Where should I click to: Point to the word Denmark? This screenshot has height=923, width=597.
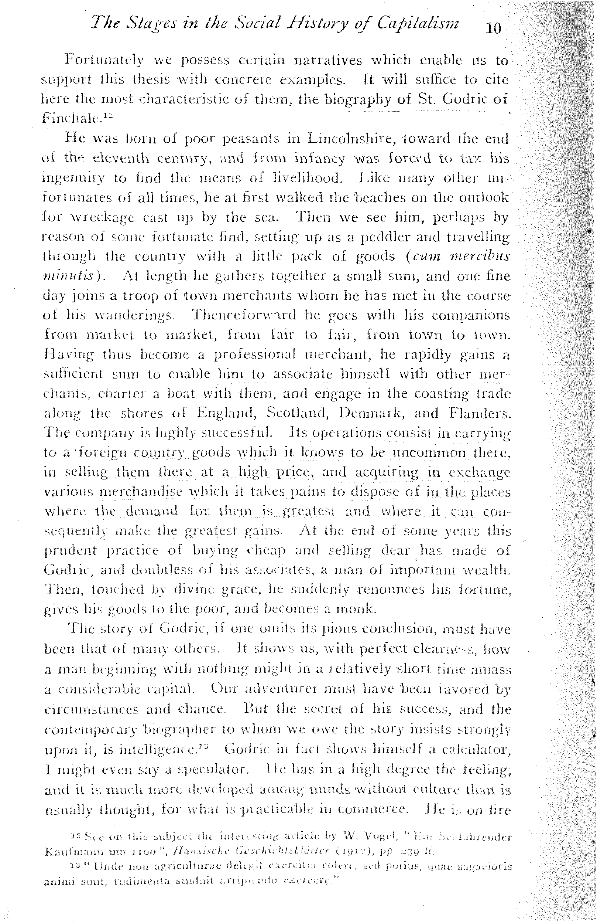point(371,413)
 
